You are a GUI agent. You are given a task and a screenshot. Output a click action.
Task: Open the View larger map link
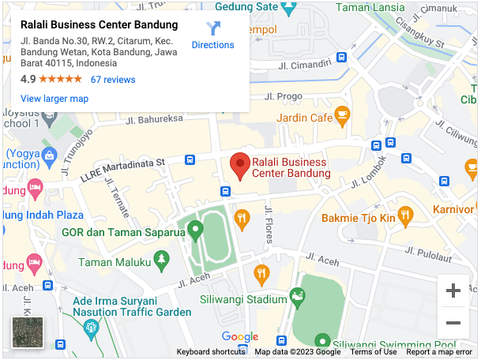click(54, 99)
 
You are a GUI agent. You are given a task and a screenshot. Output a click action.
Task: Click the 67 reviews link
click(113, 80)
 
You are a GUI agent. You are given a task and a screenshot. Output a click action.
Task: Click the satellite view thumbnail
click(28, 332)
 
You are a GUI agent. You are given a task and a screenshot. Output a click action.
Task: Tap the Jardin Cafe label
click(305, 118)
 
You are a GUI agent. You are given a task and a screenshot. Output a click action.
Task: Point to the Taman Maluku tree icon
click(162, 258)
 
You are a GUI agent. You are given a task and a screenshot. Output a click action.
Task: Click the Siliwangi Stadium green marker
click(297, 297)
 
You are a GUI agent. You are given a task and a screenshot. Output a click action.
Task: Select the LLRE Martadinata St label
click(122, 168)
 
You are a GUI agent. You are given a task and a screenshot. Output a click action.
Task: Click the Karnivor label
click(453, 209)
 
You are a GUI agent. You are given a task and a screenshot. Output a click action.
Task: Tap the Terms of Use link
click(374, 352)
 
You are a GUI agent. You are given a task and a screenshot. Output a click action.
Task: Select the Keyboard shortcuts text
click(211, 352)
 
